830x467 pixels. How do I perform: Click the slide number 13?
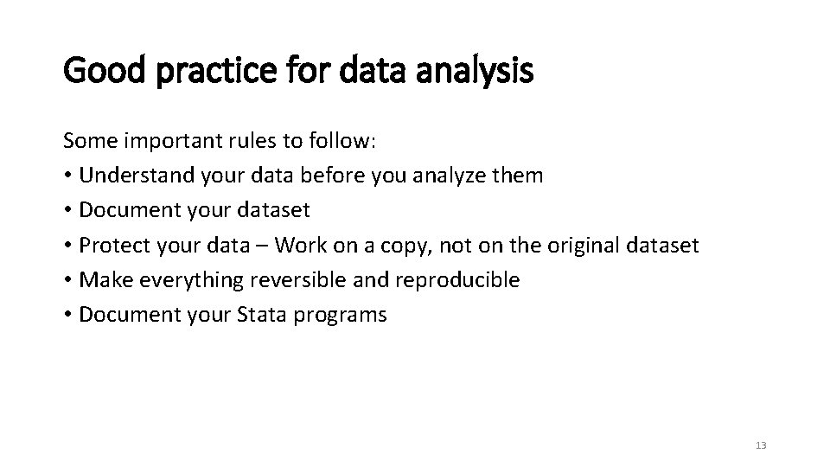(761, 445)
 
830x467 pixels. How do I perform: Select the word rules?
(227, 141)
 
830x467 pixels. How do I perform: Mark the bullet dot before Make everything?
(67, 281)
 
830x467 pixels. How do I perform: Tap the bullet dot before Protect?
(67, 246)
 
